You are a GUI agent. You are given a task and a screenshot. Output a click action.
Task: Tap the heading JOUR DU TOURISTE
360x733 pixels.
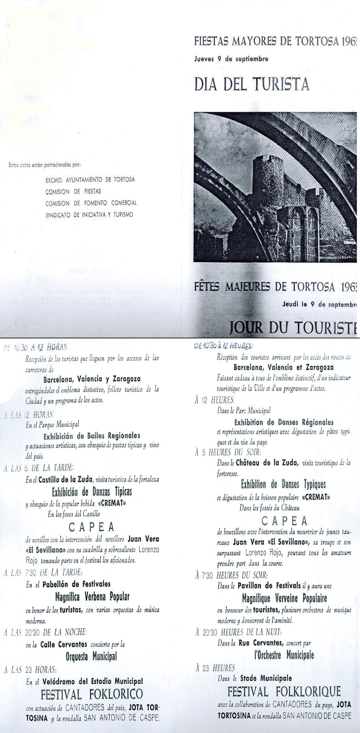tap(292, 328)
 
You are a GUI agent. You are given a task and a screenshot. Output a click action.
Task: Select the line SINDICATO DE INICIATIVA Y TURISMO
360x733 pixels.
tap(89, 215)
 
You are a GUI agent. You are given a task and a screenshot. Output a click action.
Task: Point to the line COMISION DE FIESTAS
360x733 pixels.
tap(73, 192)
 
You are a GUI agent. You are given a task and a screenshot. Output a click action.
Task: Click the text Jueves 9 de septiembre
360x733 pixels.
tap(231, 59)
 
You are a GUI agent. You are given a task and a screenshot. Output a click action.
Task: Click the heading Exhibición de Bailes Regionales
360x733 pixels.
tap(92, 436)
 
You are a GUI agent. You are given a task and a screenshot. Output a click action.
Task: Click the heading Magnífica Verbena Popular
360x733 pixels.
tap(92, 597)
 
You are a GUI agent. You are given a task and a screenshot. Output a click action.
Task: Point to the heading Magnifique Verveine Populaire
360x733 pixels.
tap(284, 598)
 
